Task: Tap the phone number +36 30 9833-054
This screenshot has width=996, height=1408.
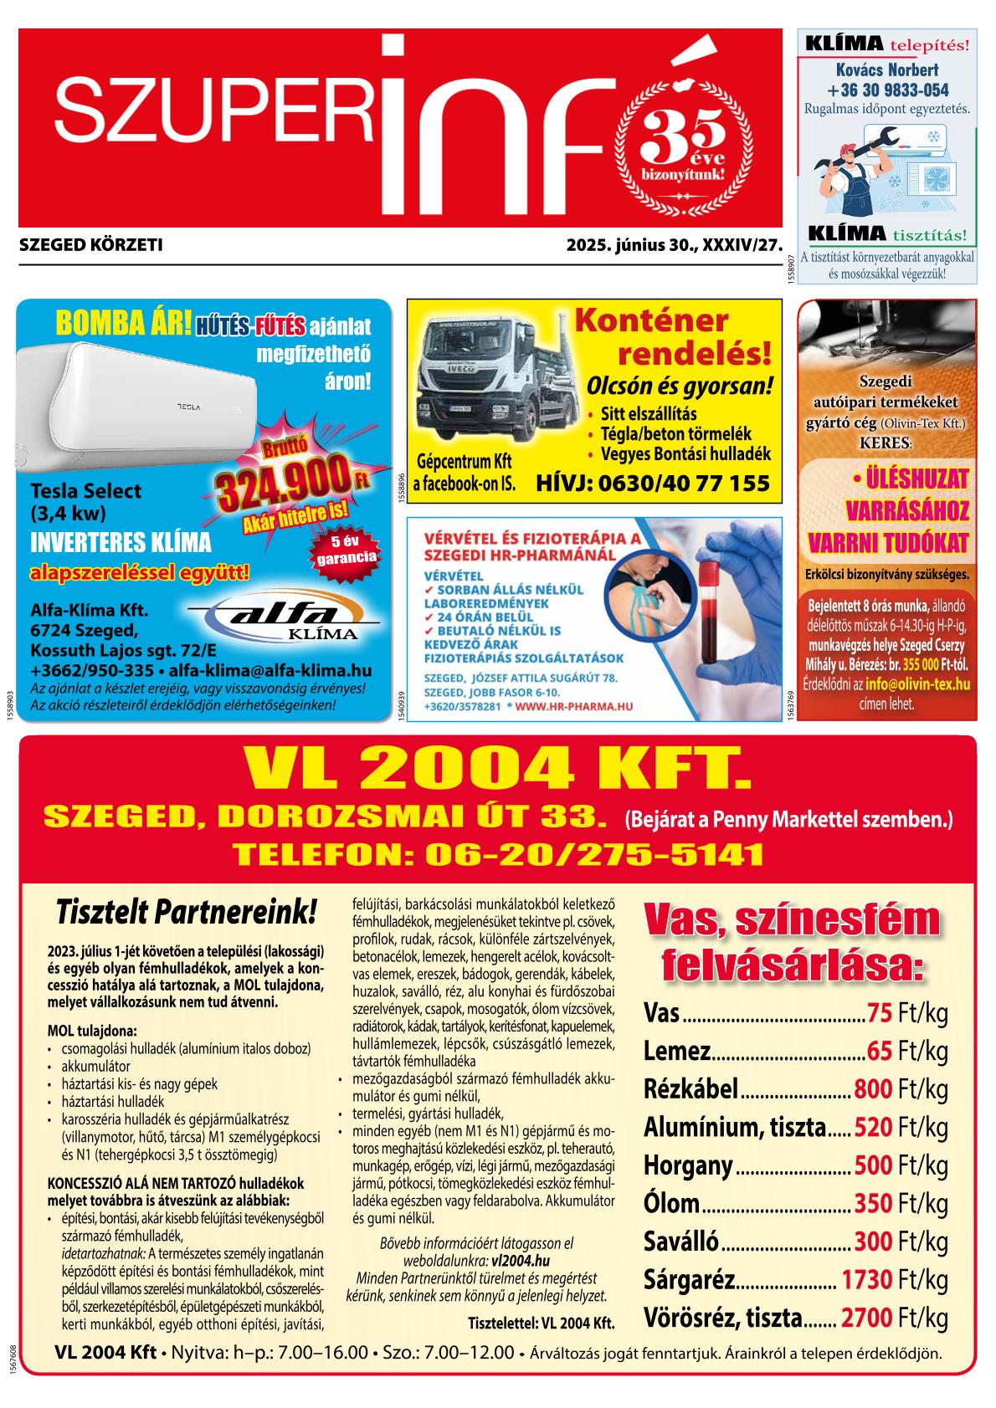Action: (887, 90)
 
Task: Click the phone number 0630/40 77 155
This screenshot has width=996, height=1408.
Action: (689, 484)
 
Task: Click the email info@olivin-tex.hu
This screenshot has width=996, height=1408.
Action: (917, 684)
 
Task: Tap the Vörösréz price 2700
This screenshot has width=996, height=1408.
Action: (865, 1318)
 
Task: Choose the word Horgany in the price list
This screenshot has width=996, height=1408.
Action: (687, 1165)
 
